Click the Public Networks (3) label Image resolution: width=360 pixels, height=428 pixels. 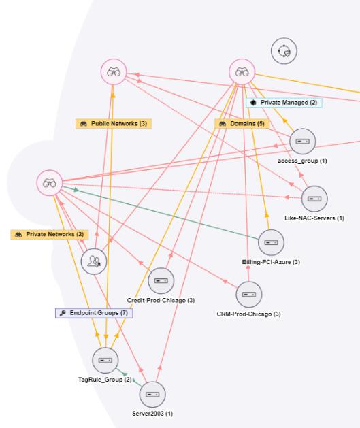tap(114, 124)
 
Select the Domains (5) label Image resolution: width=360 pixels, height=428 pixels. tap(242, 124)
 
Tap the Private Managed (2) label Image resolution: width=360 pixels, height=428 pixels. tap(284, 103)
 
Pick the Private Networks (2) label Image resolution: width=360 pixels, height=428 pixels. tap(50, 235)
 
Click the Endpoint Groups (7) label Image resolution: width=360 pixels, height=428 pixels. tap(94, 313)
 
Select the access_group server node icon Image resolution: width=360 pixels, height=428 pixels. tap(302, 142)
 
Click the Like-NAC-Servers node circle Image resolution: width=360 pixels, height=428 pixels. tap(314, 199)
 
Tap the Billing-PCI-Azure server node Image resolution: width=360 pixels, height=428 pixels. tap(271, 242)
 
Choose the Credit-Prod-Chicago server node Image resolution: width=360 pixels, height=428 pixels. tap(161, 280)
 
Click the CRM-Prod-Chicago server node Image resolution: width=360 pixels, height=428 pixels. tap(249, 295)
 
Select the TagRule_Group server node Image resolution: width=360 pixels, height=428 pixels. tap(105, 361)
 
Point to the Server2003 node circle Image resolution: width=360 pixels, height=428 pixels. tap(152, 395)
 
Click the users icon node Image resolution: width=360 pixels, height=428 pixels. tap(94, 261)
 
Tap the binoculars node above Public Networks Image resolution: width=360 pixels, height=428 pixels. tap(114, 72)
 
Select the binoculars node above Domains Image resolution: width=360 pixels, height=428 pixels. tap(242, 72)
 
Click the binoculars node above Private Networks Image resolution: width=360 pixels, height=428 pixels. tap(50, 183)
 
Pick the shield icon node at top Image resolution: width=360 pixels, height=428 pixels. tap(284, 51)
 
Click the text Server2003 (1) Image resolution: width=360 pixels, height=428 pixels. tap(152, 414)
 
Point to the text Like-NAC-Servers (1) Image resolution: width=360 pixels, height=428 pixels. tap(314, 218)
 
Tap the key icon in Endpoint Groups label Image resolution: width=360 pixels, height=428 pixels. tap(63, 313)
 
